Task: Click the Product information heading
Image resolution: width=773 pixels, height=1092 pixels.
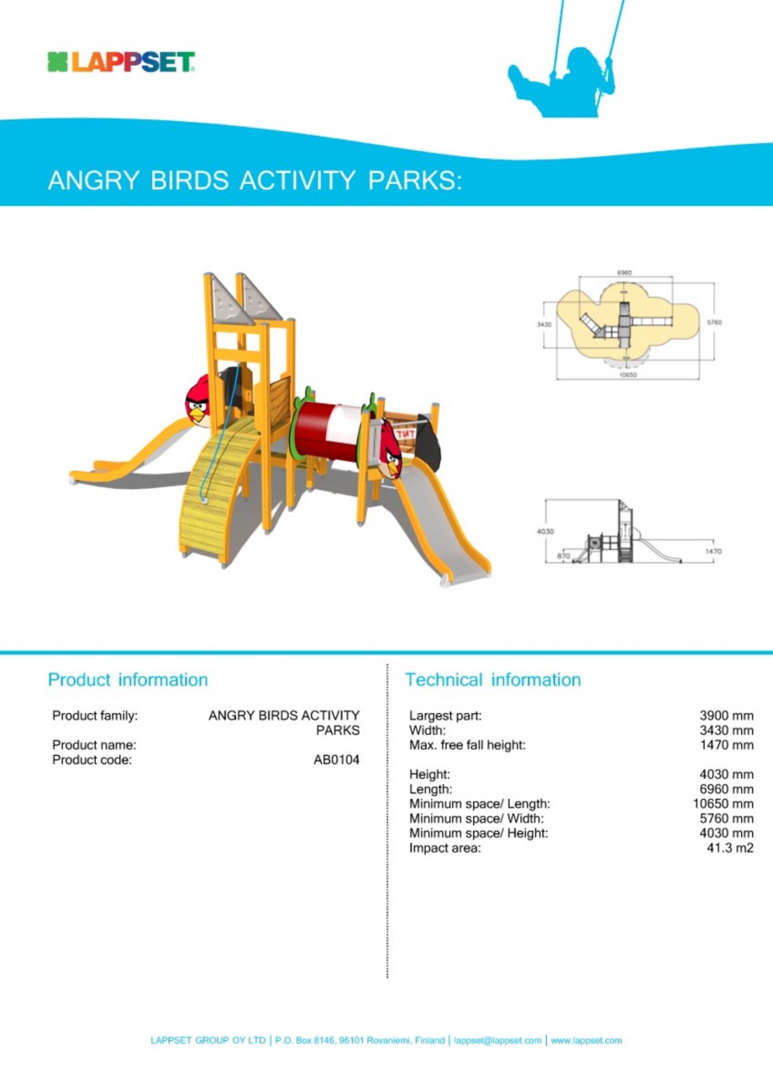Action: click(x=128, y=679)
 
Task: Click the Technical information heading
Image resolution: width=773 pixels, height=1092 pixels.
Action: click(x=492, y=679)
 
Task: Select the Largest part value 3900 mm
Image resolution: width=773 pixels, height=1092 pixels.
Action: click(x=727, y=716)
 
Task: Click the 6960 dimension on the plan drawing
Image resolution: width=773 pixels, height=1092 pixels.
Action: click(x=624, y=273)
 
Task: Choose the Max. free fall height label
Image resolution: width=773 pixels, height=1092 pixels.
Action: click(x=467, y=745)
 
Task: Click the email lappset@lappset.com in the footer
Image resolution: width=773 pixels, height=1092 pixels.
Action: click(x=497, y=1041)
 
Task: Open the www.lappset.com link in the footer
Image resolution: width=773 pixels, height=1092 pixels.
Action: click(x=586, y=1041)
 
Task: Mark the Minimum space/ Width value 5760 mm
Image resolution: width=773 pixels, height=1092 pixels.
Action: click(x=727, y=818)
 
